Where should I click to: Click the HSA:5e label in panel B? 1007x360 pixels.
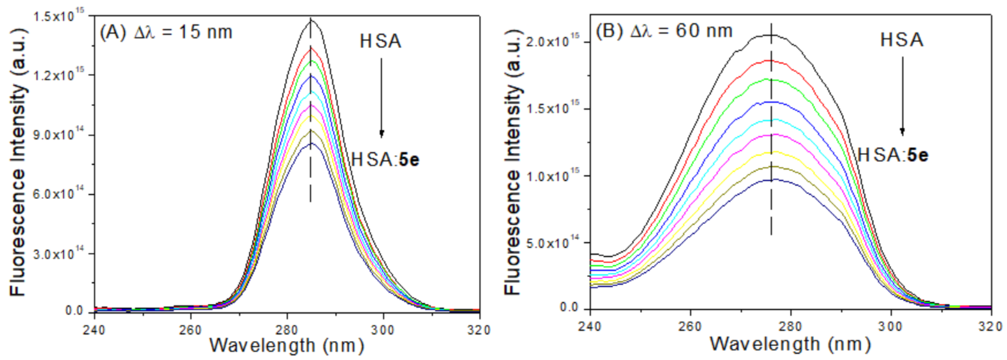[x=893, y=156]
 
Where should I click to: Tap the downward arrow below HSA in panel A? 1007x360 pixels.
[x=381, y=98]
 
